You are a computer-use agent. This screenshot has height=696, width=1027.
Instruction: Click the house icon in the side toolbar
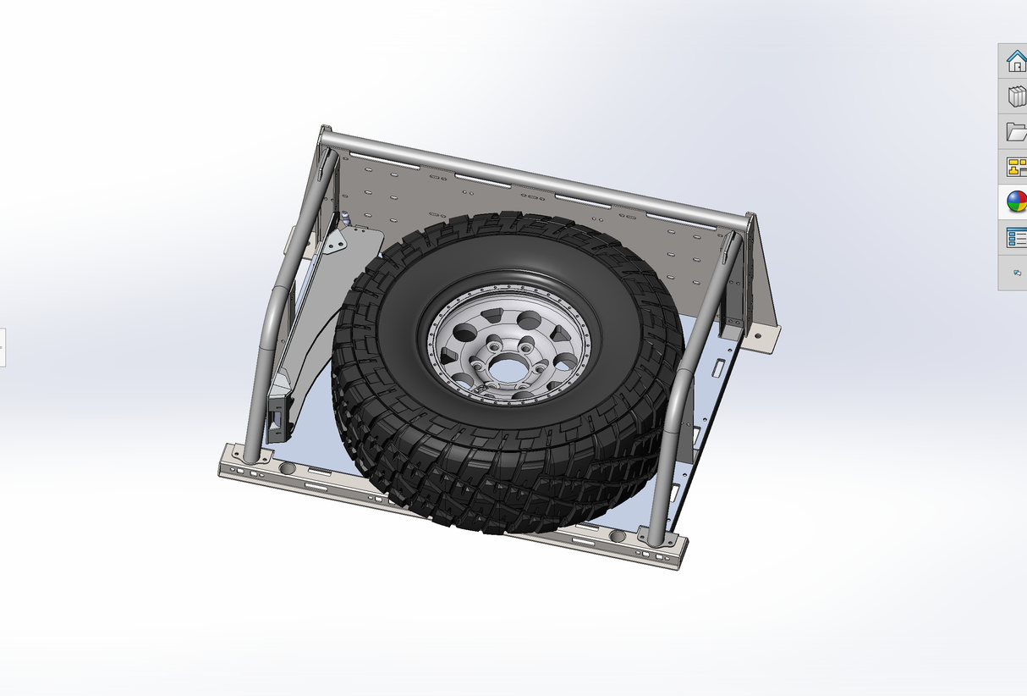coord(1016,61)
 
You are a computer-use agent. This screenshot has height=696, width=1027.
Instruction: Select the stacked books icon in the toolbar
coord(1016,97)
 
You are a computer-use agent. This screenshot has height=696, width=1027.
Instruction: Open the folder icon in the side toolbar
coord(1016,131)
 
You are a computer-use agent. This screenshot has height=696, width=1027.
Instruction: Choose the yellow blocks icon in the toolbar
coord(1016,167)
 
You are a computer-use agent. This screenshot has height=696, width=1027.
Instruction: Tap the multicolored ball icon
coord(1016,202)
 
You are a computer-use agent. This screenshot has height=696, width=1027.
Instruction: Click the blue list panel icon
coord(1016,237)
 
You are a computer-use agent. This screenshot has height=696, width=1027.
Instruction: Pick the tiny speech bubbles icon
coord(1017,273)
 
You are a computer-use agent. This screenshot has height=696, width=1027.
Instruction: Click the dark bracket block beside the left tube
coord(277,415)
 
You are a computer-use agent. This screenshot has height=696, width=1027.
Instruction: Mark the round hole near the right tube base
coord(618,537)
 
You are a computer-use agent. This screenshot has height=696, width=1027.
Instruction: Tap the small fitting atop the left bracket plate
coord(346,218)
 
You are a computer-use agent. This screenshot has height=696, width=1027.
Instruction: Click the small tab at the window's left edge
coord(3,347)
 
